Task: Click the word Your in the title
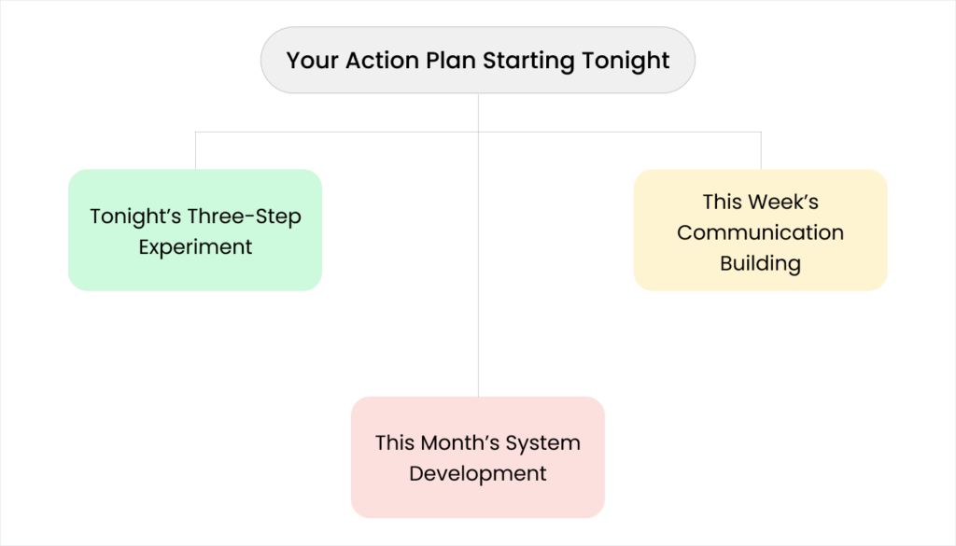point(312,61)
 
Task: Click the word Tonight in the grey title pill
point(626,62)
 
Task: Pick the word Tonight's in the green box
point(136,217)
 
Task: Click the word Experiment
point(195,247)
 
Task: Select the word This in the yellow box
point(723,202)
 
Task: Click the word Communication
point(760,232)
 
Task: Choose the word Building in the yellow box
point(760,263)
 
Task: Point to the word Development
point(477,473)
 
